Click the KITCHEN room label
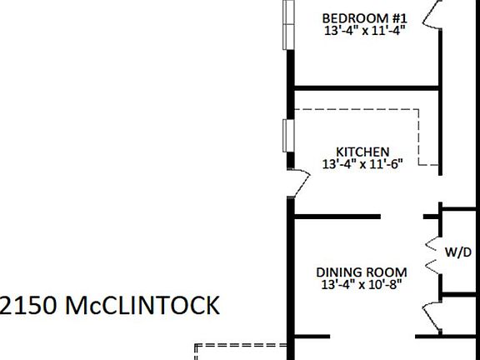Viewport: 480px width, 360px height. point(362,152)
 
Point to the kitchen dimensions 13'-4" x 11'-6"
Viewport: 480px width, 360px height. point(362,164)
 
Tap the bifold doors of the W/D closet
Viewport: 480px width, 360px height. point(432,254)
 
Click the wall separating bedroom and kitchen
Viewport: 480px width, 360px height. point(367,87)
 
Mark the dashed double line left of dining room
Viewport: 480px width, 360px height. point(237,346)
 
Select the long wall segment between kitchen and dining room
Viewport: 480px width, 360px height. point(337,217)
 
